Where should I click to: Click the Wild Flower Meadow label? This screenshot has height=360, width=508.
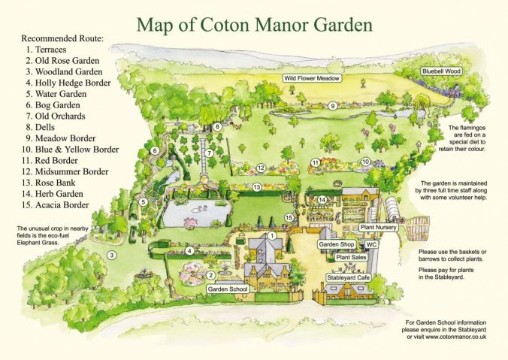tap(313, 78)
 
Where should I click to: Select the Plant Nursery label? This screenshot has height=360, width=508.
tap(379, 226)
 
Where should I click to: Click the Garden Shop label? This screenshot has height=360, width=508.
tap(337, 244)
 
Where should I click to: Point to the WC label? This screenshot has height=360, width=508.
tap(371, 245)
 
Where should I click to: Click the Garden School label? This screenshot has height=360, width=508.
tap(227, 289)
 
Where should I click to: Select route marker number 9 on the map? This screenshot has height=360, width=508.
tap(332, 106)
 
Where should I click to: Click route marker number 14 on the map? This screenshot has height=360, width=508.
tap(321, 199)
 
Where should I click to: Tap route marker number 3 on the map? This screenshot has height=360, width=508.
tap(111, 256)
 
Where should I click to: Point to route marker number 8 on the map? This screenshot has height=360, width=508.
tap(217, 127)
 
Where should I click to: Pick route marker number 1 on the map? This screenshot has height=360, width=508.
tap(273, 236)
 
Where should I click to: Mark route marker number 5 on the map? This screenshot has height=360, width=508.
tap(143, 202)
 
